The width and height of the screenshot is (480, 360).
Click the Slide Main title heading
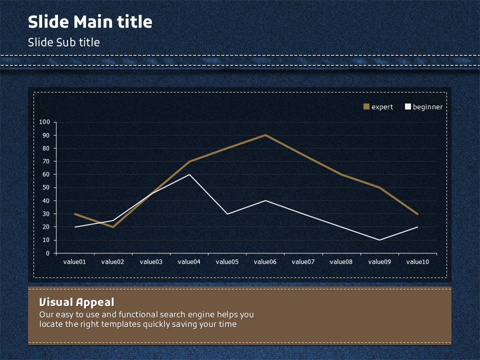point(90,22)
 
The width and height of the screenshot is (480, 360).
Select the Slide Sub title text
point(63,42)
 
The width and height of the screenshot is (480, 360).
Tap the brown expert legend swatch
point(366,106)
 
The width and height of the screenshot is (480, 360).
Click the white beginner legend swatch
point(407,106)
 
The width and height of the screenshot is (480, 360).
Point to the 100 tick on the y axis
point(44,122)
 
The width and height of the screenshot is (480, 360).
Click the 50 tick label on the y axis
point(46,187)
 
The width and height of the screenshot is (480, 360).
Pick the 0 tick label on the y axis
point(48,253)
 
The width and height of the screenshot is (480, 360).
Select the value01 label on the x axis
point(75,261)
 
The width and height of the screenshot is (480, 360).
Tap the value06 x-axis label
point(265,261)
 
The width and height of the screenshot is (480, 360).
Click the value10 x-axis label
point(417,261)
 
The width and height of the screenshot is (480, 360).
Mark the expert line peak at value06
point(265,135)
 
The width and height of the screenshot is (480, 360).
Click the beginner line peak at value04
point(189,174)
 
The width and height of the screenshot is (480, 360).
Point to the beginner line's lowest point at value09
point(379,240)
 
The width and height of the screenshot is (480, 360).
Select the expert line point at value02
point(113,227)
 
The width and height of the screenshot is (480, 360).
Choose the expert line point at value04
point(189,161)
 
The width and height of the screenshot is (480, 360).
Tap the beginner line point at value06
point(265,200)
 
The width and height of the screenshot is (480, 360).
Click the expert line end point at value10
point(417,214)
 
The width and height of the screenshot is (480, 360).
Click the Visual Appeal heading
point(76,302)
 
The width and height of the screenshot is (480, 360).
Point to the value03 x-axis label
point(151,261)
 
